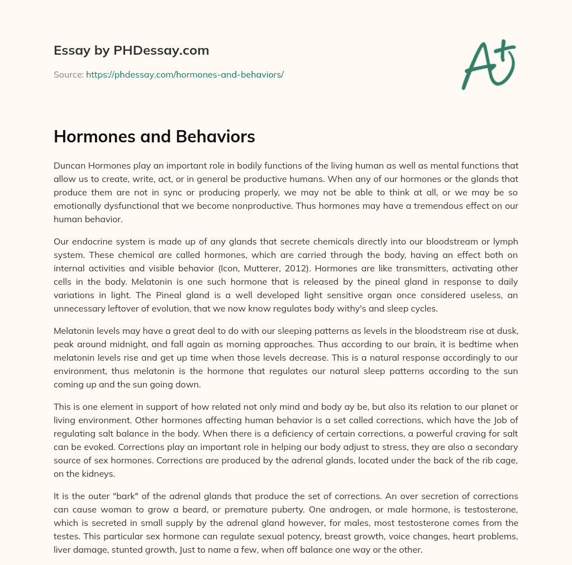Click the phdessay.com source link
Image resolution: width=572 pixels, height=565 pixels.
click(x=184, y=74)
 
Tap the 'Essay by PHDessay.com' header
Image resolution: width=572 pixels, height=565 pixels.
click(x=131, y=51)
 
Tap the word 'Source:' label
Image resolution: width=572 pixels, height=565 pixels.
click(x=69, y=74)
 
